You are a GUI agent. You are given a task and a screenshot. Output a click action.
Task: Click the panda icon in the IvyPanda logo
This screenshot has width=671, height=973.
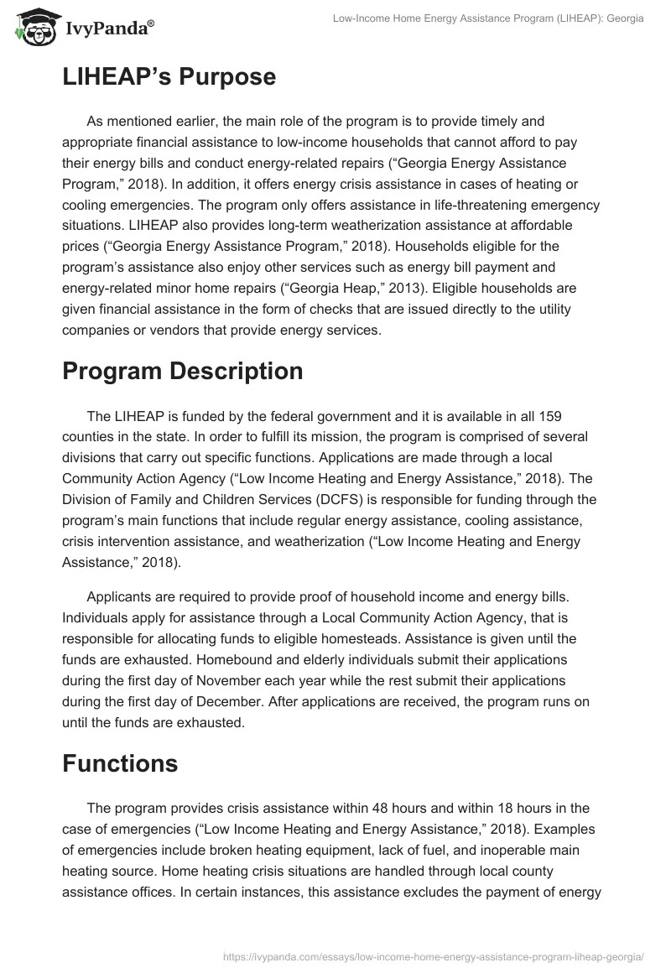[33, 28]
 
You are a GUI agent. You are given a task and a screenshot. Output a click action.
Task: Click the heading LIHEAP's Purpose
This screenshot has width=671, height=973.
[169, 77]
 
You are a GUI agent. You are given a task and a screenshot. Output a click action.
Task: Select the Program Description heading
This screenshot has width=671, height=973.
[182, 371]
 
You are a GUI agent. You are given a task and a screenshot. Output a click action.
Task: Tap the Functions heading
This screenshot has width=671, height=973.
[119, 764]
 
